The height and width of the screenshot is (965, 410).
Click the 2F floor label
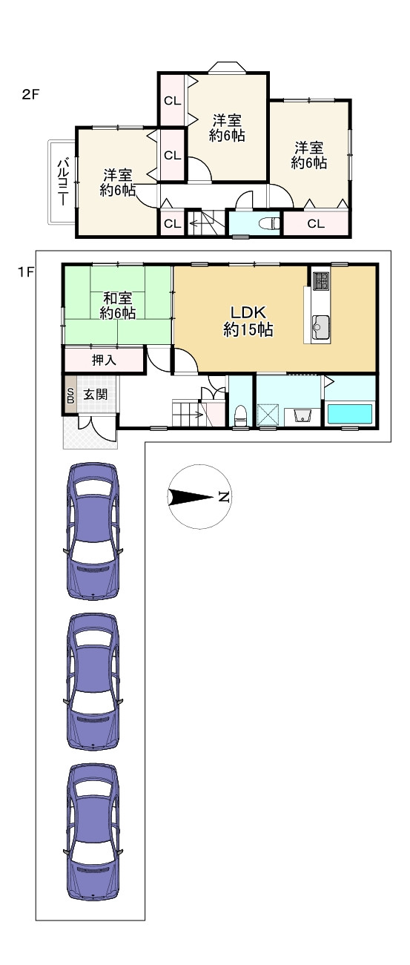[30, 95]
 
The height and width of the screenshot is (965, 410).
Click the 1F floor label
[26, 273]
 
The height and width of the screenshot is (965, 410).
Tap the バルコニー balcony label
[63, 182]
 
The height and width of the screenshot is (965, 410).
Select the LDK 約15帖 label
[248, 321]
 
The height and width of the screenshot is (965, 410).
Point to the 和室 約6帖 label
[118, 306]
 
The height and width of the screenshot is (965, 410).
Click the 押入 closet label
[104, 360]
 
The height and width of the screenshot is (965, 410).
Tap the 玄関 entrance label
[95, 394]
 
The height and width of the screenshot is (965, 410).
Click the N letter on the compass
[222, 496]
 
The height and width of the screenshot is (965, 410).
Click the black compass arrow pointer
[191, 497]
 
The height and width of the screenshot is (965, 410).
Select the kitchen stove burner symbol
[320, 280]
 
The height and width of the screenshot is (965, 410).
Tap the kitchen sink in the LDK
[320, 327]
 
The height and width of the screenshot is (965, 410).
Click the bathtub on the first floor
[350, 415]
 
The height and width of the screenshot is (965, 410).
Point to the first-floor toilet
[239, 416]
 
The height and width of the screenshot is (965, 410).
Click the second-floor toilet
[271, 223]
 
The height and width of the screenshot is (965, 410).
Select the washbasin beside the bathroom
[302, 415]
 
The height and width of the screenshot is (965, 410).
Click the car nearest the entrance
[93, 531]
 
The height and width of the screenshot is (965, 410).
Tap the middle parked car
[93, 681]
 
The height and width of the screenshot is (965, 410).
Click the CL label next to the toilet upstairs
[316, 223]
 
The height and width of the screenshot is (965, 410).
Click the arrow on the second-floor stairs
[194, 223]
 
